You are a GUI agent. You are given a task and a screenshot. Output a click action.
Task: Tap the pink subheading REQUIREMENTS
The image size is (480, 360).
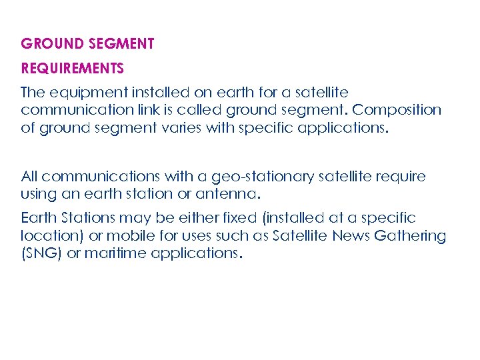coord(72,69)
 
